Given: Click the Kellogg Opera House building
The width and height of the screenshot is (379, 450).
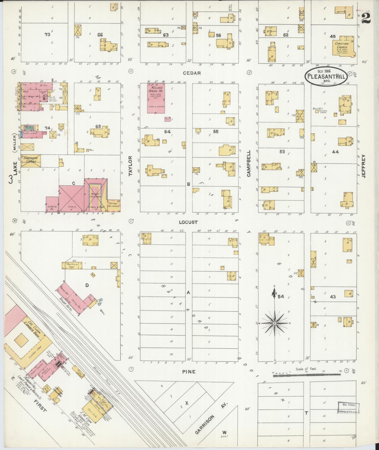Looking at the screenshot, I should coord(156,98).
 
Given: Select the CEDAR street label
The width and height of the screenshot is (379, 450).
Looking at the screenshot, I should coord(192,73).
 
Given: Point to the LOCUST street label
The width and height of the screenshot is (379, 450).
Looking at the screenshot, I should coord(188,222).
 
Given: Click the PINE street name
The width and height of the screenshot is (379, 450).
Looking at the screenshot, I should coord(189,371).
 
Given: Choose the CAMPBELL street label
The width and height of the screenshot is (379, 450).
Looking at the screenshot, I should coord(249,163).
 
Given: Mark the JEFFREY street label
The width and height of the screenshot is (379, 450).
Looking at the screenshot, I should coord(364,166).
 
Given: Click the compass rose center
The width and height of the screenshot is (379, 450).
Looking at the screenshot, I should coord(275,323).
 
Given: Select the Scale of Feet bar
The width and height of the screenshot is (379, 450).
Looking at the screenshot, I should coord(307,375).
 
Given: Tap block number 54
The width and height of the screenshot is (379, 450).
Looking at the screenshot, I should coord(281,297).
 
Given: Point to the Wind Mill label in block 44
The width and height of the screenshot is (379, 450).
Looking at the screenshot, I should coord(318,109).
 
